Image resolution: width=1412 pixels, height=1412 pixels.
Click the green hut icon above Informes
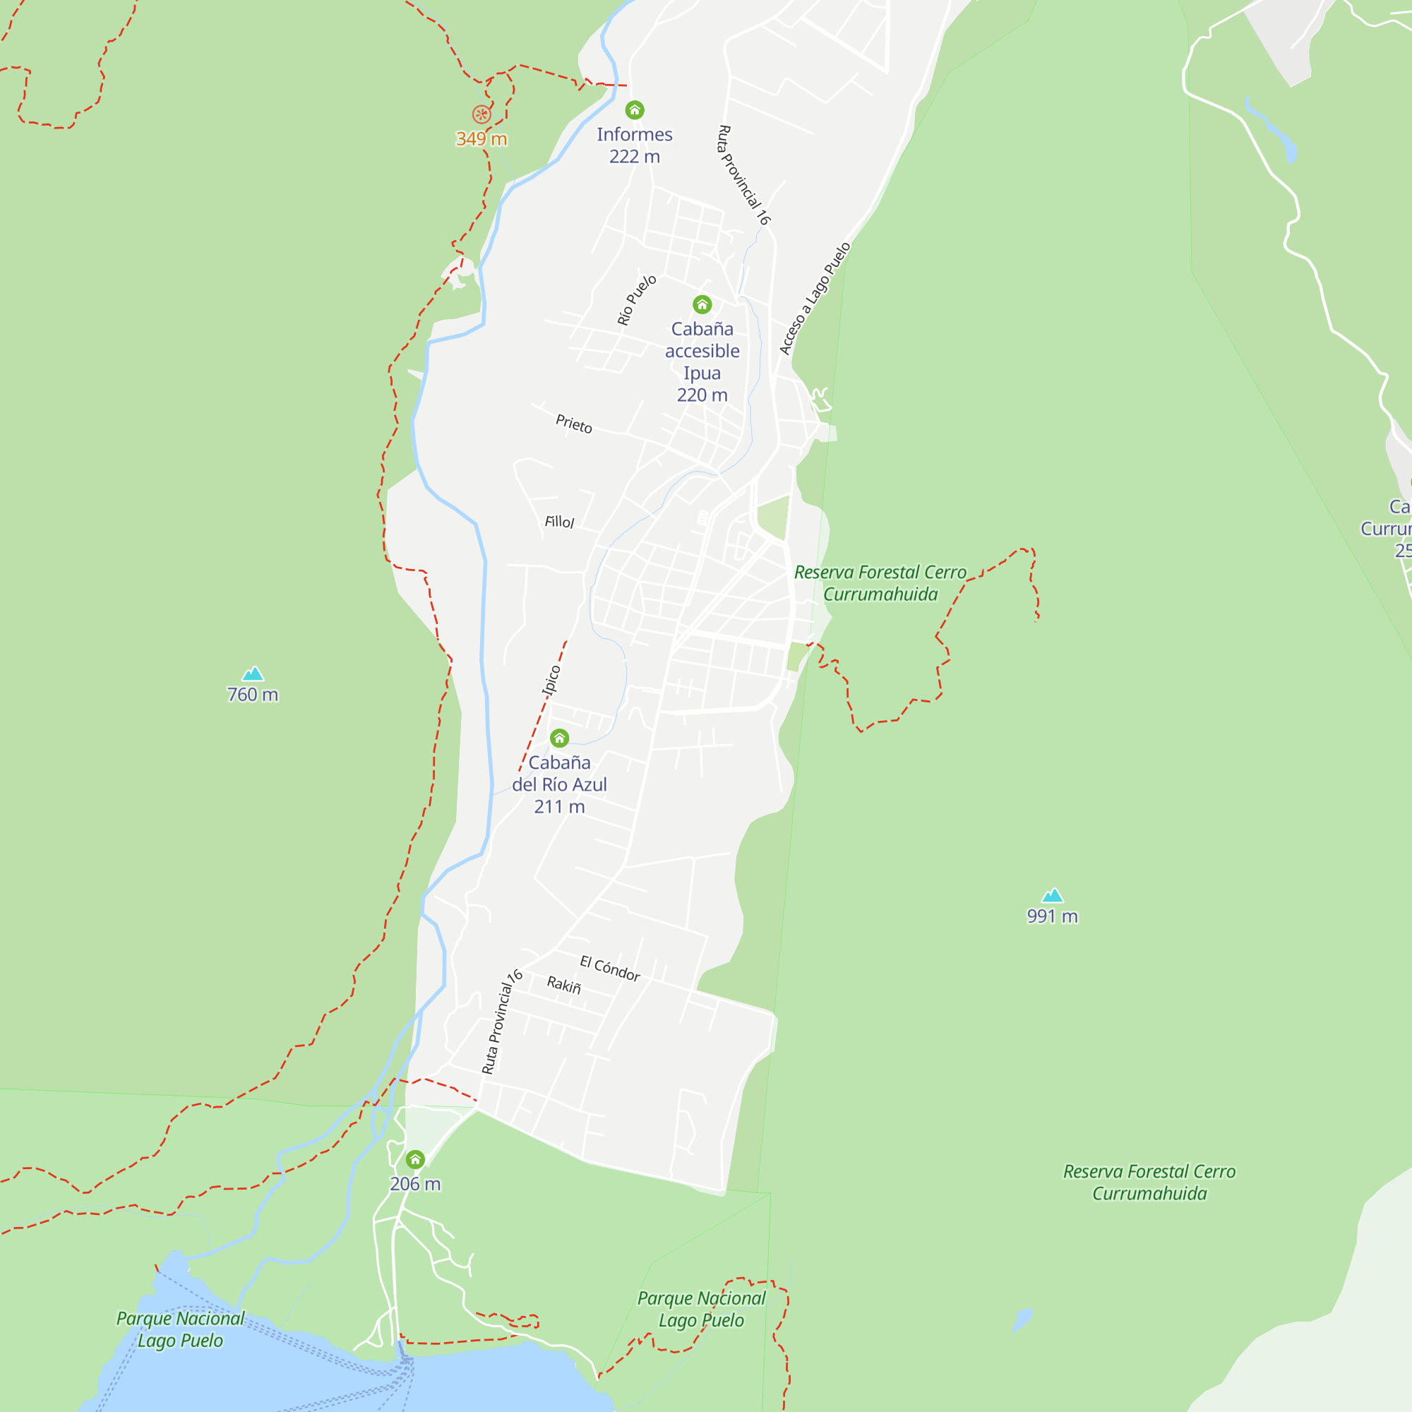coord(635,110)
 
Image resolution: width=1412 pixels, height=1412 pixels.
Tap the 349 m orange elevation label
coord(481,139)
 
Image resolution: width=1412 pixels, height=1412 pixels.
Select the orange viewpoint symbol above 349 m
coord(481,114)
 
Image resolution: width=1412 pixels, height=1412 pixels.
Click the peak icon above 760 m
coord(253,674)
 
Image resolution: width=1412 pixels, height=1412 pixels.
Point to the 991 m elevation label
coord(1052,916)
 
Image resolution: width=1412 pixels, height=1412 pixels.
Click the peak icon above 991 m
coord(1052,895)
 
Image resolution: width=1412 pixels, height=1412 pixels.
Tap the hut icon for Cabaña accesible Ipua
coord(702,304)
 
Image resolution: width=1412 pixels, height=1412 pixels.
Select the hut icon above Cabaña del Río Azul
coord(560,738)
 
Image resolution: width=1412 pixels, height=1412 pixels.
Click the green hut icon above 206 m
coord(415,1160)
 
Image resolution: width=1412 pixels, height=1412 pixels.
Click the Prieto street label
coord(574,423)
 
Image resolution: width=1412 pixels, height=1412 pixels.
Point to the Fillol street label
coord(559,522)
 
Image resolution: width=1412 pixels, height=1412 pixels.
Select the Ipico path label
coord(551,680)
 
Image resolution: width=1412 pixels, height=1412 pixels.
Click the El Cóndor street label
coord(609,969)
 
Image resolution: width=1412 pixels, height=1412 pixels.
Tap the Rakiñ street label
coord(563,984)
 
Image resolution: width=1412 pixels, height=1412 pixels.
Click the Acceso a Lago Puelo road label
coord(814,298)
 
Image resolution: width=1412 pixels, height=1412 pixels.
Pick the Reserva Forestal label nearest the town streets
coord(880,582)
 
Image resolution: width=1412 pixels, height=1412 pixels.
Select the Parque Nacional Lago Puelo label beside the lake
coord(181,1329)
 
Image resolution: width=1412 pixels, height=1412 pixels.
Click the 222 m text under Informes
coord(635,157)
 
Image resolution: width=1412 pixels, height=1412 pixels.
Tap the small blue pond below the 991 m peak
coord(1022,1320)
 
